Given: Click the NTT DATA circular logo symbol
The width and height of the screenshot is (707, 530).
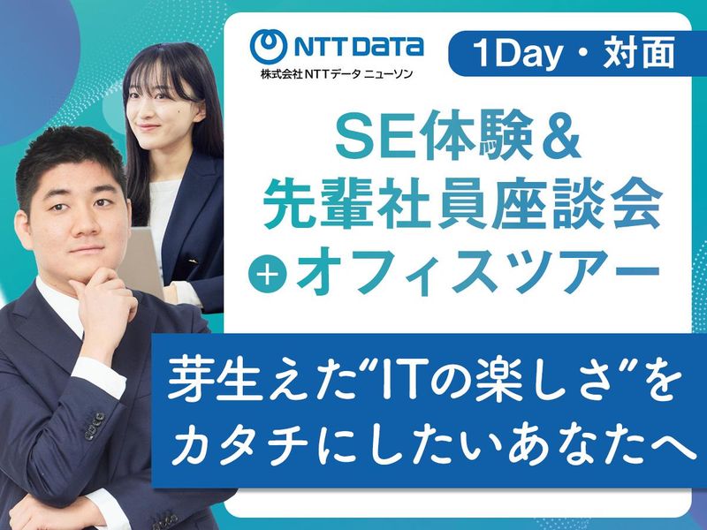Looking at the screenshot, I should click(x=270, y=46).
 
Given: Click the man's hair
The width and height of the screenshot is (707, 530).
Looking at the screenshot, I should click(x=71, y=159).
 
